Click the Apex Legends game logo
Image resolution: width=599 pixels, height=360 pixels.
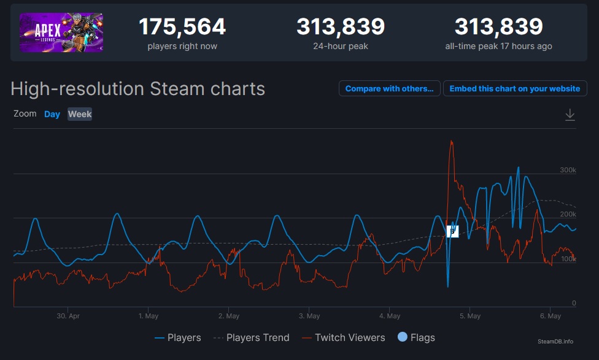tap(61, 33)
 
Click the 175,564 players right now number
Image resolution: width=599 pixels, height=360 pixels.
tap(182, 27)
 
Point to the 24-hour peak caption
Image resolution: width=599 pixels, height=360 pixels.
tap(341, 46)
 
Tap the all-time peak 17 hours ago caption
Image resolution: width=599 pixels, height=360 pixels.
tap(498, 46)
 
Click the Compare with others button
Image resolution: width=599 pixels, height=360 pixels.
tap(389, 89)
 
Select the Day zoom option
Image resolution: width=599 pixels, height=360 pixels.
tap(52, 114)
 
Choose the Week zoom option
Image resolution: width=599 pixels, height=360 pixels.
tap(80, 114)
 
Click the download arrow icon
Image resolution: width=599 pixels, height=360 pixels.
tap(570, 115)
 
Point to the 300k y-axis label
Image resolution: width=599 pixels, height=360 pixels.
tap(568, 170)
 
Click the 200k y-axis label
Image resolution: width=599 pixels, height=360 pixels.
tap(568, 214)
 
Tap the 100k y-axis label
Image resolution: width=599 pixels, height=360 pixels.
tap(568, 259)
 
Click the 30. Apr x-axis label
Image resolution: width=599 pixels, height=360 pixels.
tap(68, 316)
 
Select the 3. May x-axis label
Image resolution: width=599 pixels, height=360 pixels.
tap(309, 316)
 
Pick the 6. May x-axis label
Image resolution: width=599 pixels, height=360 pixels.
tap(550, 316)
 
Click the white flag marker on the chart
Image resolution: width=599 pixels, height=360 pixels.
tap(452, 231)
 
